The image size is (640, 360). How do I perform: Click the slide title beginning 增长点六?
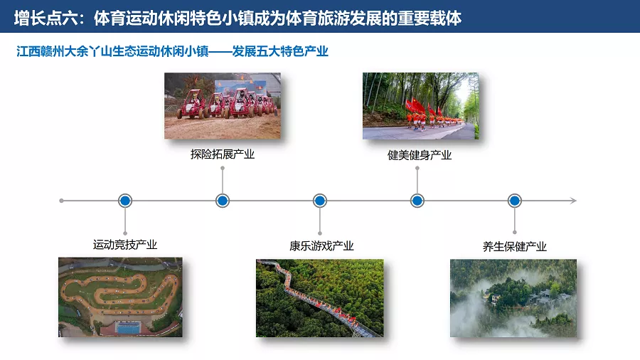click(x=238, y=18)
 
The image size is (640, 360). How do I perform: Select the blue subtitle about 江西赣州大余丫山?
click(x=172, y=51)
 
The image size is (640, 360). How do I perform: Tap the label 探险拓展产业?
click(x=223, y=154)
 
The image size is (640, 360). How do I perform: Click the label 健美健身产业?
click(x=419, y=155)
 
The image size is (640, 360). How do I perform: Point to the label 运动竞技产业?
click(x=125, y=245)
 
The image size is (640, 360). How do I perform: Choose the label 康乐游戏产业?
click(x=321, y=245)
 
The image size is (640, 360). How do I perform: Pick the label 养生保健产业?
click(x=514, y=247)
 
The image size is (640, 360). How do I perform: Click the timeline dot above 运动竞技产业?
click(x=125, y=201)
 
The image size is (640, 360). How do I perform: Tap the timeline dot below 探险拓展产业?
click(x=223, y=201)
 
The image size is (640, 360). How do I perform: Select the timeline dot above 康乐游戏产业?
click(x=319, y=201)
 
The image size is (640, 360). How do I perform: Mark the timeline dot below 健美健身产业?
click(x=417, y=201)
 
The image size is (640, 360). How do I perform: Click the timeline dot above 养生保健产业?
click(x=514, y=201)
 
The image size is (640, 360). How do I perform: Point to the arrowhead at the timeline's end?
click(x=574, y=201)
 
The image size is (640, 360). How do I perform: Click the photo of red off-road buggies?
click(x=223, y=106)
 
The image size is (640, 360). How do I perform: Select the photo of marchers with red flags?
click(x=420, y=106)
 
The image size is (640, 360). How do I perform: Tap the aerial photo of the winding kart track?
click(x=120, y=297)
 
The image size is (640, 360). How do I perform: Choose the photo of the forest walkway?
click(x=319, y=298)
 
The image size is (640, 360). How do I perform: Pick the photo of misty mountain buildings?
click(x=513, y=298)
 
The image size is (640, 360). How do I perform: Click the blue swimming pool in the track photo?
click(x=128, y=327)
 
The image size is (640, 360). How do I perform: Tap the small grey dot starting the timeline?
click(x=61, y=201)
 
